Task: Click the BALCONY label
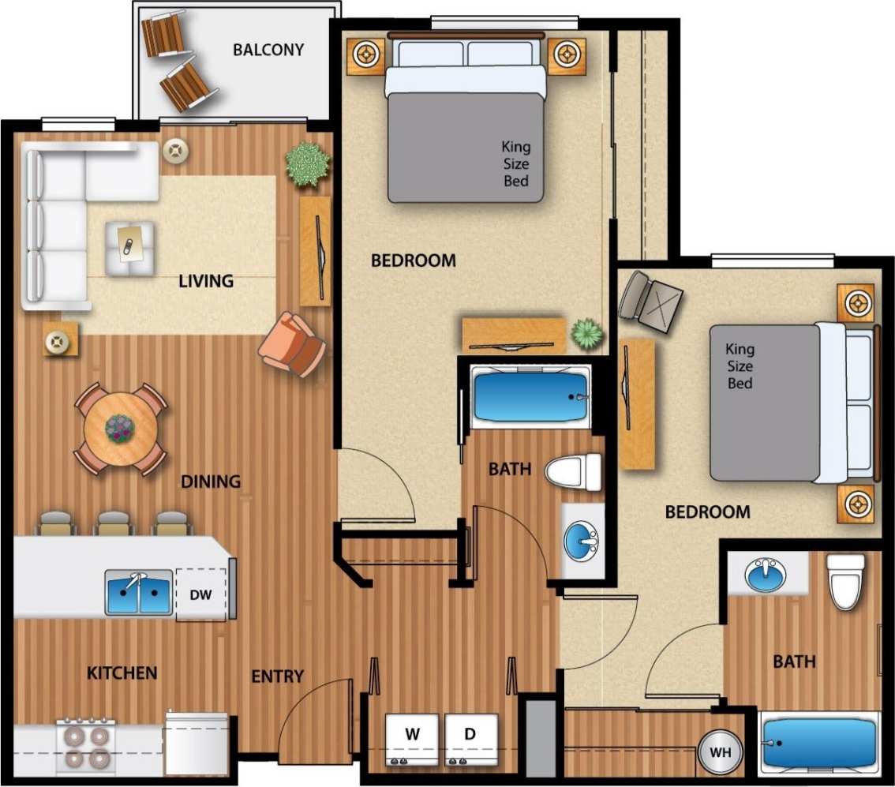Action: click(x=268, y=50)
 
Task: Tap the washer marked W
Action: click(x=411, y=739)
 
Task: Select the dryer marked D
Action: click(x=470, y=739)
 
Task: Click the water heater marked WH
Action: click(x=720, y=753)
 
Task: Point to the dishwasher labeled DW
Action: click(x=201, y=594)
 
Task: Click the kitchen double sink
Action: click(x=140, y=592)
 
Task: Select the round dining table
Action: click(x=120, y=429)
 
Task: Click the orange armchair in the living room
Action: click(x=293, y=344)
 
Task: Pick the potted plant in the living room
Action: click(x=307, y=164)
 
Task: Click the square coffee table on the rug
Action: click(x=130, y=248)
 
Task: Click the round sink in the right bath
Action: click(x=765, y=575)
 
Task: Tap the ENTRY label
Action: click(x=277, y=676)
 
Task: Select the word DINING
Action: click(x=211, y=482)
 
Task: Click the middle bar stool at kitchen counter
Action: click(x=114, y=523)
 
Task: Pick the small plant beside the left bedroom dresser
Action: click(x=587, y=334)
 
